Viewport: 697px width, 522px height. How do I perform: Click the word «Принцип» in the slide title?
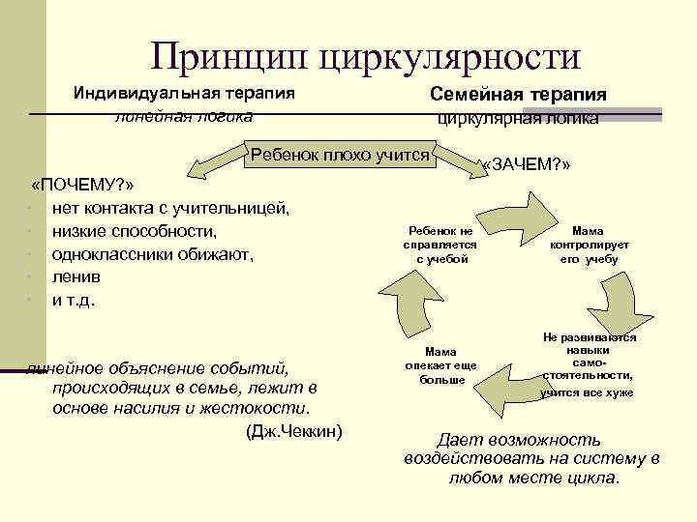[x=228, y=57]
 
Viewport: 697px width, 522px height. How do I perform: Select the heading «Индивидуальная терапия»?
[x=184, y=95]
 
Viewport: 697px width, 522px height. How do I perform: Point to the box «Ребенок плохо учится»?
[x=340, y=153]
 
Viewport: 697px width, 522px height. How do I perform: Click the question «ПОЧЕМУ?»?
[x=82, y=185]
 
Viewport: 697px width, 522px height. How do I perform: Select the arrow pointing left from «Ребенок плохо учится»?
[x=214, y=164]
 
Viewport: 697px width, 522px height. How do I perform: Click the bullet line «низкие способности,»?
[x=135, y=232]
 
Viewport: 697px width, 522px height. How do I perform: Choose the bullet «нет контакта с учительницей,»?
[x=170, y=208]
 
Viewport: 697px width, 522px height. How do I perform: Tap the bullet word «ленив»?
[x=76, y=277]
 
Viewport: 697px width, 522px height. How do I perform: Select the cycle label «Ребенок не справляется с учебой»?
[x=440, y=246]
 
